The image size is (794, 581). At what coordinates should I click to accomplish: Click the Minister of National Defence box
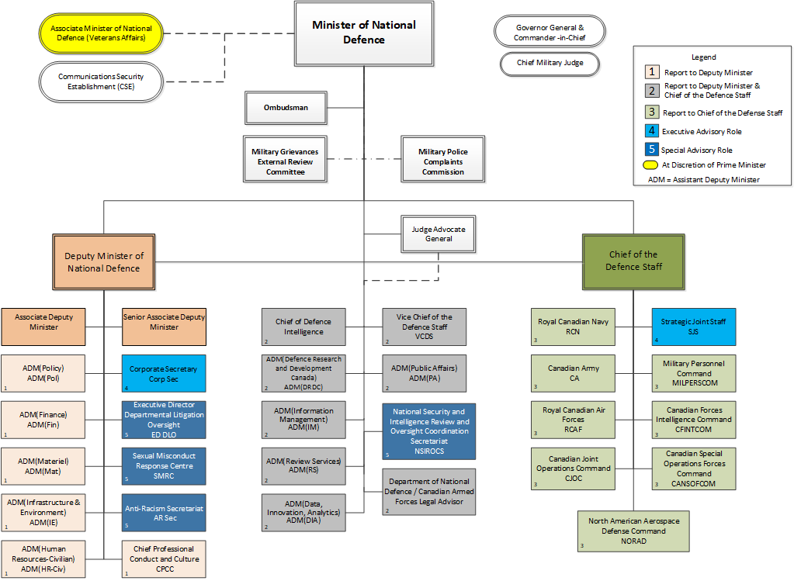click(x=363, y=33)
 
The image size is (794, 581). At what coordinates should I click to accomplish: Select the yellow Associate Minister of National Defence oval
click(x=101, y=33)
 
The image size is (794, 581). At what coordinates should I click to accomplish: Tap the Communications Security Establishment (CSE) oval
click(x=101, y=82)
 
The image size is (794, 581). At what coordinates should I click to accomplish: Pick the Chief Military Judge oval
click(x=550, y=63)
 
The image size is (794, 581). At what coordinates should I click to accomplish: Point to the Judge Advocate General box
click(x=438, y=233)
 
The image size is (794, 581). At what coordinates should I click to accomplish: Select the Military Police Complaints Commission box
click(x=442, y=161)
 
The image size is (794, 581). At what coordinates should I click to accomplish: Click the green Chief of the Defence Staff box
click(x=633, y=261)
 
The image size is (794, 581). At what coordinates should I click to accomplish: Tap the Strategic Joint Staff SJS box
click(x=693, y=327)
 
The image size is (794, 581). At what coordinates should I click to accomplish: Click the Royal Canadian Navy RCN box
click(x=573, y=327)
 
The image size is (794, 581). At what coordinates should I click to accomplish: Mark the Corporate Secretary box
click(x=164, y=374)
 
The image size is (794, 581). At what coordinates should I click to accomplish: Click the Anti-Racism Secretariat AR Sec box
click(x=164, y=514)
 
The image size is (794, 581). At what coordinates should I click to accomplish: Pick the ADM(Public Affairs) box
click(x=425, y=373)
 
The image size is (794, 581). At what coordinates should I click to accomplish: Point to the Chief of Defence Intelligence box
click(x=303, y=327)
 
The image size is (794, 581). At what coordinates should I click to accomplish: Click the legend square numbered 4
click(x=653, y=132)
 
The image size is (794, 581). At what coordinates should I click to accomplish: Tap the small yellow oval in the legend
click(x=650, y=164)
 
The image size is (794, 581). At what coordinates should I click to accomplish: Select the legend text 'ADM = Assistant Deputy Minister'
click(x=703, y=180)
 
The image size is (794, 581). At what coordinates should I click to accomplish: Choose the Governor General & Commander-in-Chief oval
click(x=550, y=32)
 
